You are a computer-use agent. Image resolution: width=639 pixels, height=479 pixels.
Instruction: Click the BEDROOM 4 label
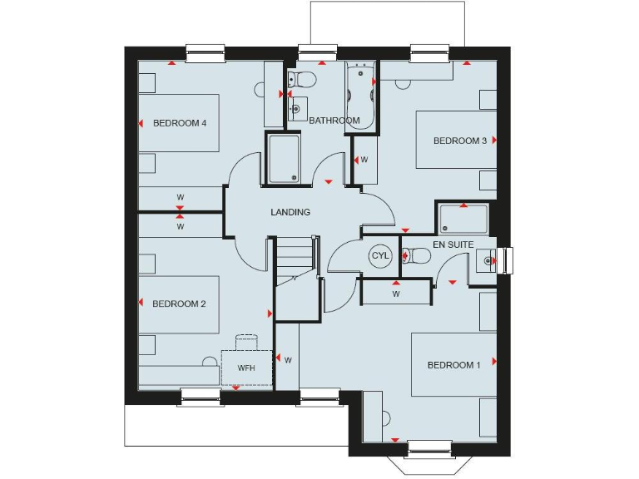(180, 123)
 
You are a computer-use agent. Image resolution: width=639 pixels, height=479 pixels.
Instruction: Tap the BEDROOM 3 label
(460, 141)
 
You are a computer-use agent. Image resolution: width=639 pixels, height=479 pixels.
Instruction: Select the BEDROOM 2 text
(179, 304)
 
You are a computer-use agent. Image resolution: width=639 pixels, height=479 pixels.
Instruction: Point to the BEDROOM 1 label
(453, 365)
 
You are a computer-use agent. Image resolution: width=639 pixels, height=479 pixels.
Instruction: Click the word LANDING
(290, 212)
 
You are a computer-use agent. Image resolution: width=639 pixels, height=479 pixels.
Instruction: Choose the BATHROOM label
(334, 121)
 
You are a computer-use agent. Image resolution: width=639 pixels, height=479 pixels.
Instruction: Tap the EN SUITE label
(453, 244)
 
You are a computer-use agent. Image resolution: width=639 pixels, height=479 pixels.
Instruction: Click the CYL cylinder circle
(380, 255)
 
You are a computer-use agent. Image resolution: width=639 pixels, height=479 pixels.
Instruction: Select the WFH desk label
(246, 368)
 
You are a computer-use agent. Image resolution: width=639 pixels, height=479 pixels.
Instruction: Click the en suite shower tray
(463, 218)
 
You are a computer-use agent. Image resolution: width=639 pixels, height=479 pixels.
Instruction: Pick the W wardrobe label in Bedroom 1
(396, 294)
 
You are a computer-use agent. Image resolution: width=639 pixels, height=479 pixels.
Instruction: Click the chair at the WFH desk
(246, 342)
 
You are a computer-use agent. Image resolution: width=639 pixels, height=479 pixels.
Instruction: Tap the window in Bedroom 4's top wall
(206, 54)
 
